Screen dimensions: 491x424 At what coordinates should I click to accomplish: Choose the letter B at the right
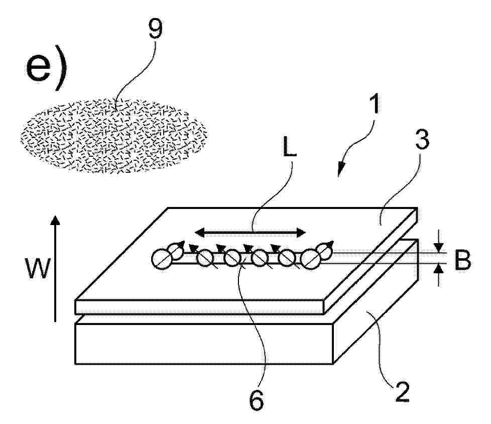pos(462,260)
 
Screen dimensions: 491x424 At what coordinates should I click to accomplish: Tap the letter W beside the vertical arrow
pos(38,268)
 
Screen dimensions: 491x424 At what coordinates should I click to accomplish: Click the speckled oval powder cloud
pos(113,136)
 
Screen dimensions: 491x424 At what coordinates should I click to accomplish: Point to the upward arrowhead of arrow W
pos(55,220)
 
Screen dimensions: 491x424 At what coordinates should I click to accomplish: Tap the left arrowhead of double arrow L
pos(199,233)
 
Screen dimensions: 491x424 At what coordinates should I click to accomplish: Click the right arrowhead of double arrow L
pos(301,233)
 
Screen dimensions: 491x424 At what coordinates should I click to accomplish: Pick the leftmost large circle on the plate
pos(162,259)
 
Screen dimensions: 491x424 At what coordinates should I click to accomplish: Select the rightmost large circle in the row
pos(311,259)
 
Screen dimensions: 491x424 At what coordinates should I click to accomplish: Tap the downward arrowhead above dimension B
pos(440,248)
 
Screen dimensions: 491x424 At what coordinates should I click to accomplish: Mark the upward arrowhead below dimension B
pos(440,268)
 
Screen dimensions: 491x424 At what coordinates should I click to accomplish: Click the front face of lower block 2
pos(203,344)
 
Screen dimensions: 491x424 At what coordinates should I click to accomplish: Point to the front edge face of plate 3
pos(199,307)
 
